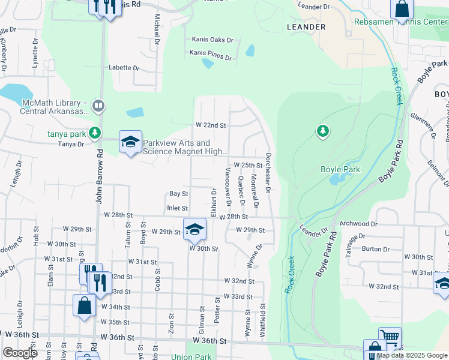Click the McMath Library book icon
tap(98, 107)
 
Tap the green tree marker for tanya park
tap(94, 132)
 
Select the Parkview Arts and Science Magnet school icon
tap(130, 143)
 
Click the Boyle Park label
tap(340, 170)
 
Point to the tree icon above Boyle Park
tap(323, 130)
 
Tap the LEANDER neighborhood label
tap(306, 27)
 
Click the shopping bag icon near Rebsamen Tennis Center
tap(402, 8)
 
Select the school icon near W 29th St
tap(194, 229)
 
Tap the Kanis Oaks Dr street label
tap(212, 40)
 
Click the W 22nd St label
tap(211, 125)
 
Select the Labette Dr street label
tap(124, 68)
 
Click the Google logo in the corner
tap(20, 353)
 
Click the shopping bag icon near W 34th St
tap(85, 304)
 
